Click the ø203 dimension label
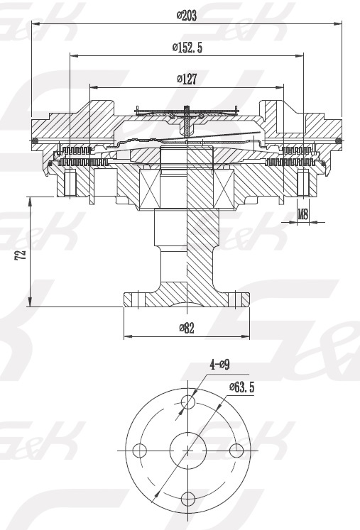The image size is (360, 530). click(187, 15)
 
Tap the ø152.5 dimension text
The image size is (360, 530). click(187, 48)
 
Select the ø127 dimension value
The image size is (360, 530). click(187, 79)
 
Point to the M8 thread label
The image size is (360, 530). click(303, 214)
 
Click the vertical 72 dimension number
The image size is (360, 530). click(21, 255)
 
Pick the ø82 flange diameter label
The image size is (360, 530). click(187, 328)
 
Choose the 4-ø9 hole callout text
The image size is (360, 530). click(219, 365)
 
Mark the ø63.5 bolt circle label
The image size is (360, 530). click(241, 387)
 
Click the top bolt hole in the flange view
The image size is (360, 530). click(187, 402)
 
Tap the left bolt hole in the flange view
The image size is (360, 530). click(139, 451)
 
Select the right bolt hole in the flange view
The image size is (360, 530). click(236, 451)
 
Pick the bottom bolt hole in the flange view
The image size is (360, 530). click(187, 499)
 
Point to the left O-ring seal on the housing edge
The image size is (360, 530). click(35, 140)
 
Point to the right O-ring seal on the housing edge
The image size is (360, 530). click(339, 140)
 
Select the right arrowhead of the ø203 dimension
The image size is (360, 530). click(338, 23)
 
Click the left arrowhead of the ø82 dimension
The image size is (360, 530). click(128, 336)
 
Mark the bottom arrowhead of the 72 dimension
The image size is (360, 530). click(30, 302)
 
